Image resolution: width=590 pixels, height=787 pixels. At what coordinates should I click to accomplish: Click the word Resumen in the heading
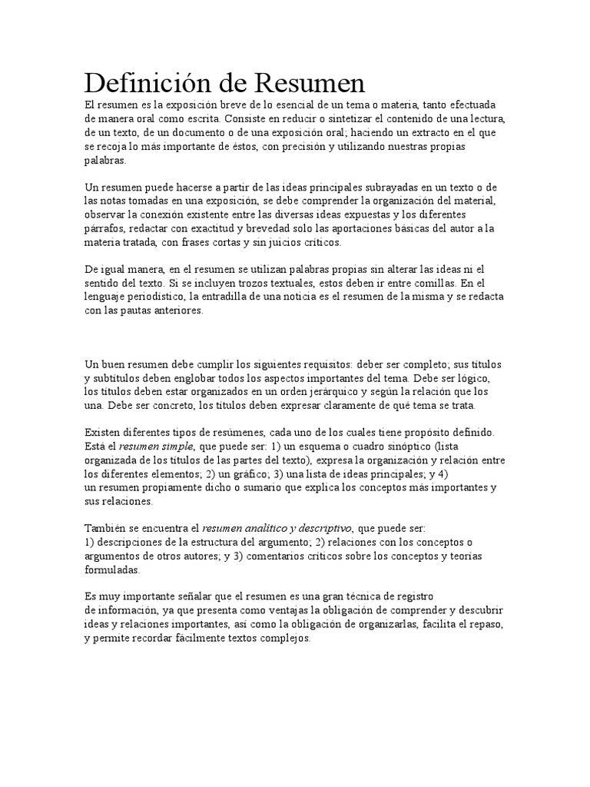307,81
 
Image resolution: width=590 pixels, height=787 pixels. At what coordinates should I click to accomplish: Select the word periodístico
154,297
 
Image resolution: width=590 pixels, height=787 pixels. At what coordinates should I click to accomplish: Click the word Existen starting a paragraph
103,433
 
